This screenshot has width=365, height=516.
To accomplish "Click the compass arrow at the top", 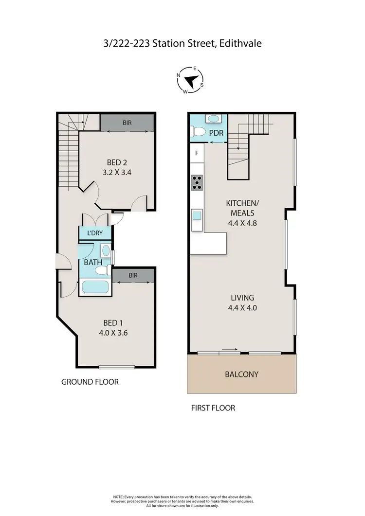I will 193,81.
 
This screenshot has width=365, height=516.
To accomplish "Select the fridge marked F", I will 197,153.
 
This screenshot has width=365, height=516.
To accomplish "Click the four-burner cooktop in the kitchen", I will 197,182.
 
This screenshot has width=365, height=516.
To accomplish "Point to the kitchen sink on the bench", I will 197,215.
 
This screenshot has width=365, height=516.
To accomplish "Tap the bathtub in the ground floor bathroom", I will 94,286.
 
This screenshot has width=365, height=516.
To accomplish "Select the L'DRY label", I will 95,233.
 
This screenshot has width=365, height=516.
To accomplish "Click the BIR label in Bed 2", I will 128,124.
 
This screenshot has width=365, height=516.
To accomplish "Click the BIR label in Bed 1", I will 133,275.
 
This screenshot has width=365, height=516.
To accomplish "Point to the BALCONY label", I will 241,374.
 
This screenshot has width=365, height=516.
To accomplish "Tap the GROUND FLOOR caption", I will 90,382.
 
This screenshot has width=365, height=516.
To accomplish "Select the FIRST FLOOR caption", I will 213,408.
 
